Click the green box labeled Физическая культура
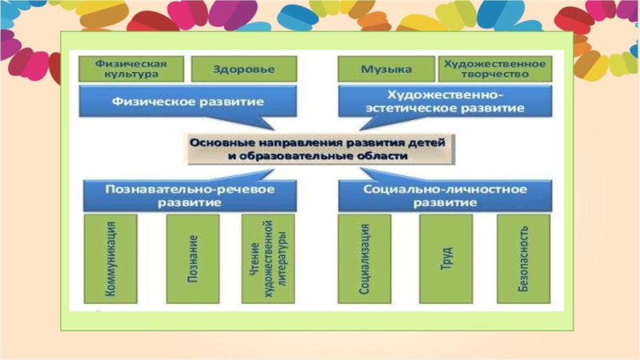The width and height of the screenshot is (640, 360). pyautogui.click(x=131, y=68)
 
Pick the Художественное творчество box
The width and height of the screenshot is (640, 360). pyautogui.click(x=494, y=68)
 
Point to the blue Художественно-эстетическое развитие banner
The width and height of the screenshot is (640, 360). pyautogui.click(x=444, y=102)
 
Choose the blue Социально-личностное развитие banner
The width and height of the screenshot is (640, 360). pyautogui.click(x=444, y=195)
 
